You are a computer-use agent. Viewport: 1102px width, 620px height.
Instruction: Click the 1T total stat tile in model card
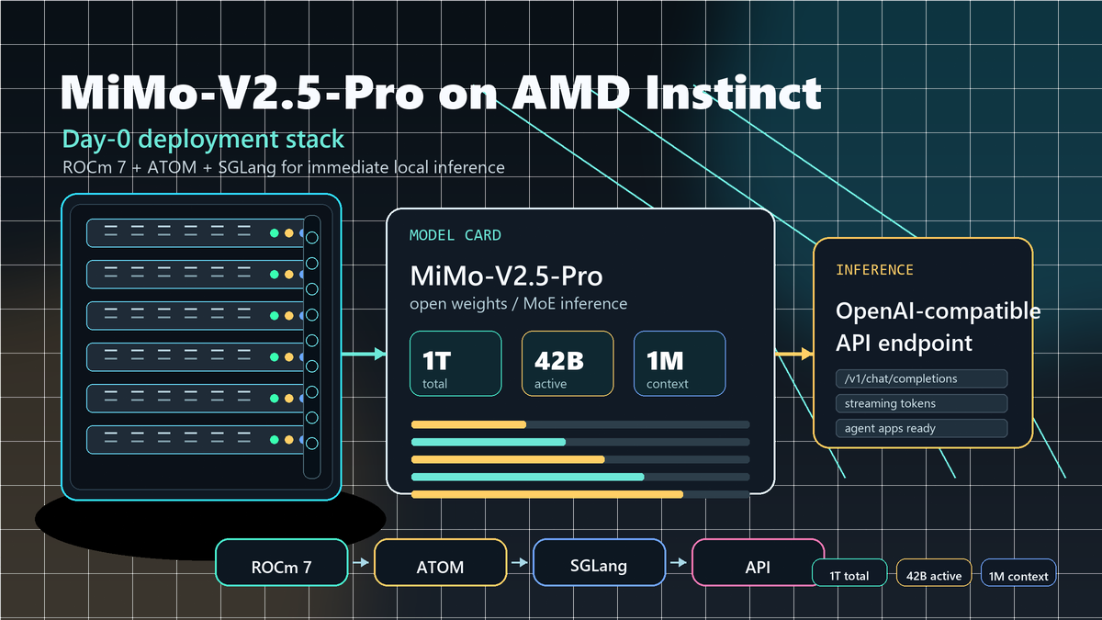pyautogui.click(x=455, y=364)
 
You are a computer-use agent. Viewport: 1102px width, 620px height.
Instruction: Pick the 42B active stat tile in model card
pyautogui.click(x=568, y=364)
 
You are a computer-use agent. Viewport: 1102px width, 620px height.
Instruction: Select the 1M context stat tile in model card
pyautogui.click(x=680, y=364)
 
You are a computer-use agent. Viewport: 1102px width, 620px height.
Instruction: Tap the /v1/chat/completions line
pyautogui.click(x=921, y=378)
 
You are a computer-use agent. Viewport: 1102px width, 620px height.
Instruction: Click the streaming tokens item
pyautogui.click(x=921, y=403)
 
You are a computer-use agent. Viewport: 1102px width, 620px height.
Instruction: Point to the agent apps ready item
pyautogui.click(x=921, y=428)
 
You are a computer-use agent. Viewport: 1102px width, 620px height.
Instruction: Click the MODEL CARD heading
pyautogui.click(x=455, y=236)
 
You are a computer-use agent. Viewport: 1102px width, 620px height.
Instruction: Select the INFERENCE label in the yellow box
pyautogui.click(x=874, y=270)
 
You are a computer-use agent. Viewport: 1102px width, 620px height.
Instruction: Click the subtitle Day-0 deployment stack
pyautogui.click(x=203, y=140)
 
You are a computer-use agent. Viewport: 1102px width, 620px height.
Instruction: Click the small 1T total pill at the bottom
pyautogui.click(x=849, y=576)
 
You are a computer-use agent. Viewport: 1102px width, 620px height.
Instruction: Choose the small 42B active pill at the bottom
pyautogui.click(x=934, y=576)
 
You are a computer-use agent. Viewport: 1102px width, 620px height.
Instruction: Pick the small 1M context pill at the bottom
pyautogui.click(x=1018, y=576)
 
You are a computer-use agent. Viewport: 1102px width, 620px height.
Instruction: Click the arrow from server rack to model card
pyautogui.click(x=365, y=354)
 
